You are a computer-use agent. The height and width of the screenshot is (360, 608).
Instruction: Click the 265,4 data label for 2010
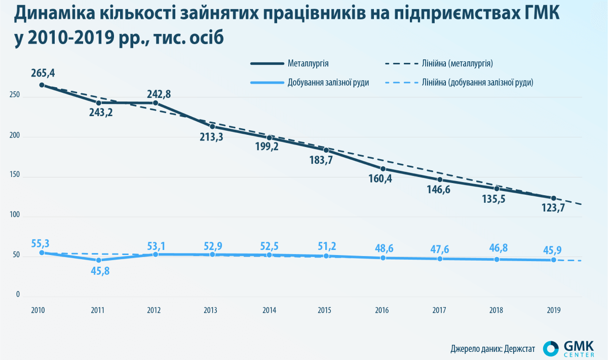[43, 73]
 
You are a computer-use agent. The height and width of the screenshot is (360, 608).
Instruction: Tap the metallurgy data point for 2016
[383, 169]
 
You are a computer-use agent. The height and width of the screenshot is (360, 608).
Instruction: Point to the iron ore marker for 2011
[99, 260]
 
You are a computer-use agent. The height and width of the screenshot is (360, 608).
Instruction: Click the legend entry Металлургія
[309, 63]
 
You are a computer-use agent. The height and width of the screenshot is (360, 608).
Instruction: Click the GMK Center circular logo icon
[551, 348]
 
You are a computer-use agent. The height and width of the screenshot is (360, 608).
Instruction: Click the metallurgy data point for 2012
[156, 103]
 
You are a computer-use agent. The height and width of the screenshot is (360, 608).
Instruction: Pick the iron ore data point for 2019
[553, 260]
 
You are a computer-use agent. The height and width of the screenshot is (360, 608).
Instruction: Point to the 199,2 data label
[269, 148]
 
